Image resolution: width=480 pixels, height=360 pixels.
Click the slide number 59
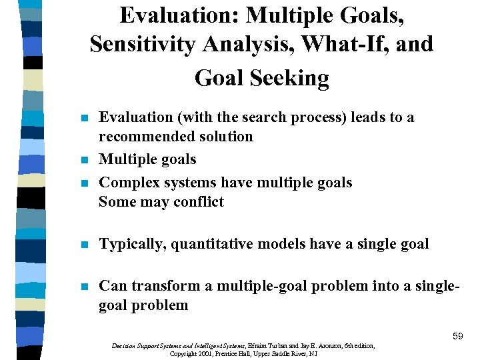pos(457,337)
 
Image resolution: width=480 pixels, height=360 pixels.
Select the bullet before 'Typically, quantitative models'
pos(83,245)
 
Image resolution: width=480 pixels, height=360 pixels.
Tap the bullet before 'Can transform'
pos(83,287)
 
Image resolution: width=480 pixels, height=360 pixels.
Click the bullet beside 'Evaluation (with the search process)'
pos(83,118)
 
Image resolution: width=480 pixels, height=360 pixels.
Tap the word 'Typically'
pos(131,245)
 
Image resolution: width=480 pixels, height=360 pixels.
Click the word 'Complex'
pos(126,183)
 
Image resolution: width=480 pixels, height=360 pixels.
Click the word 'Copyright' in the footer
pos(185,354)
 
